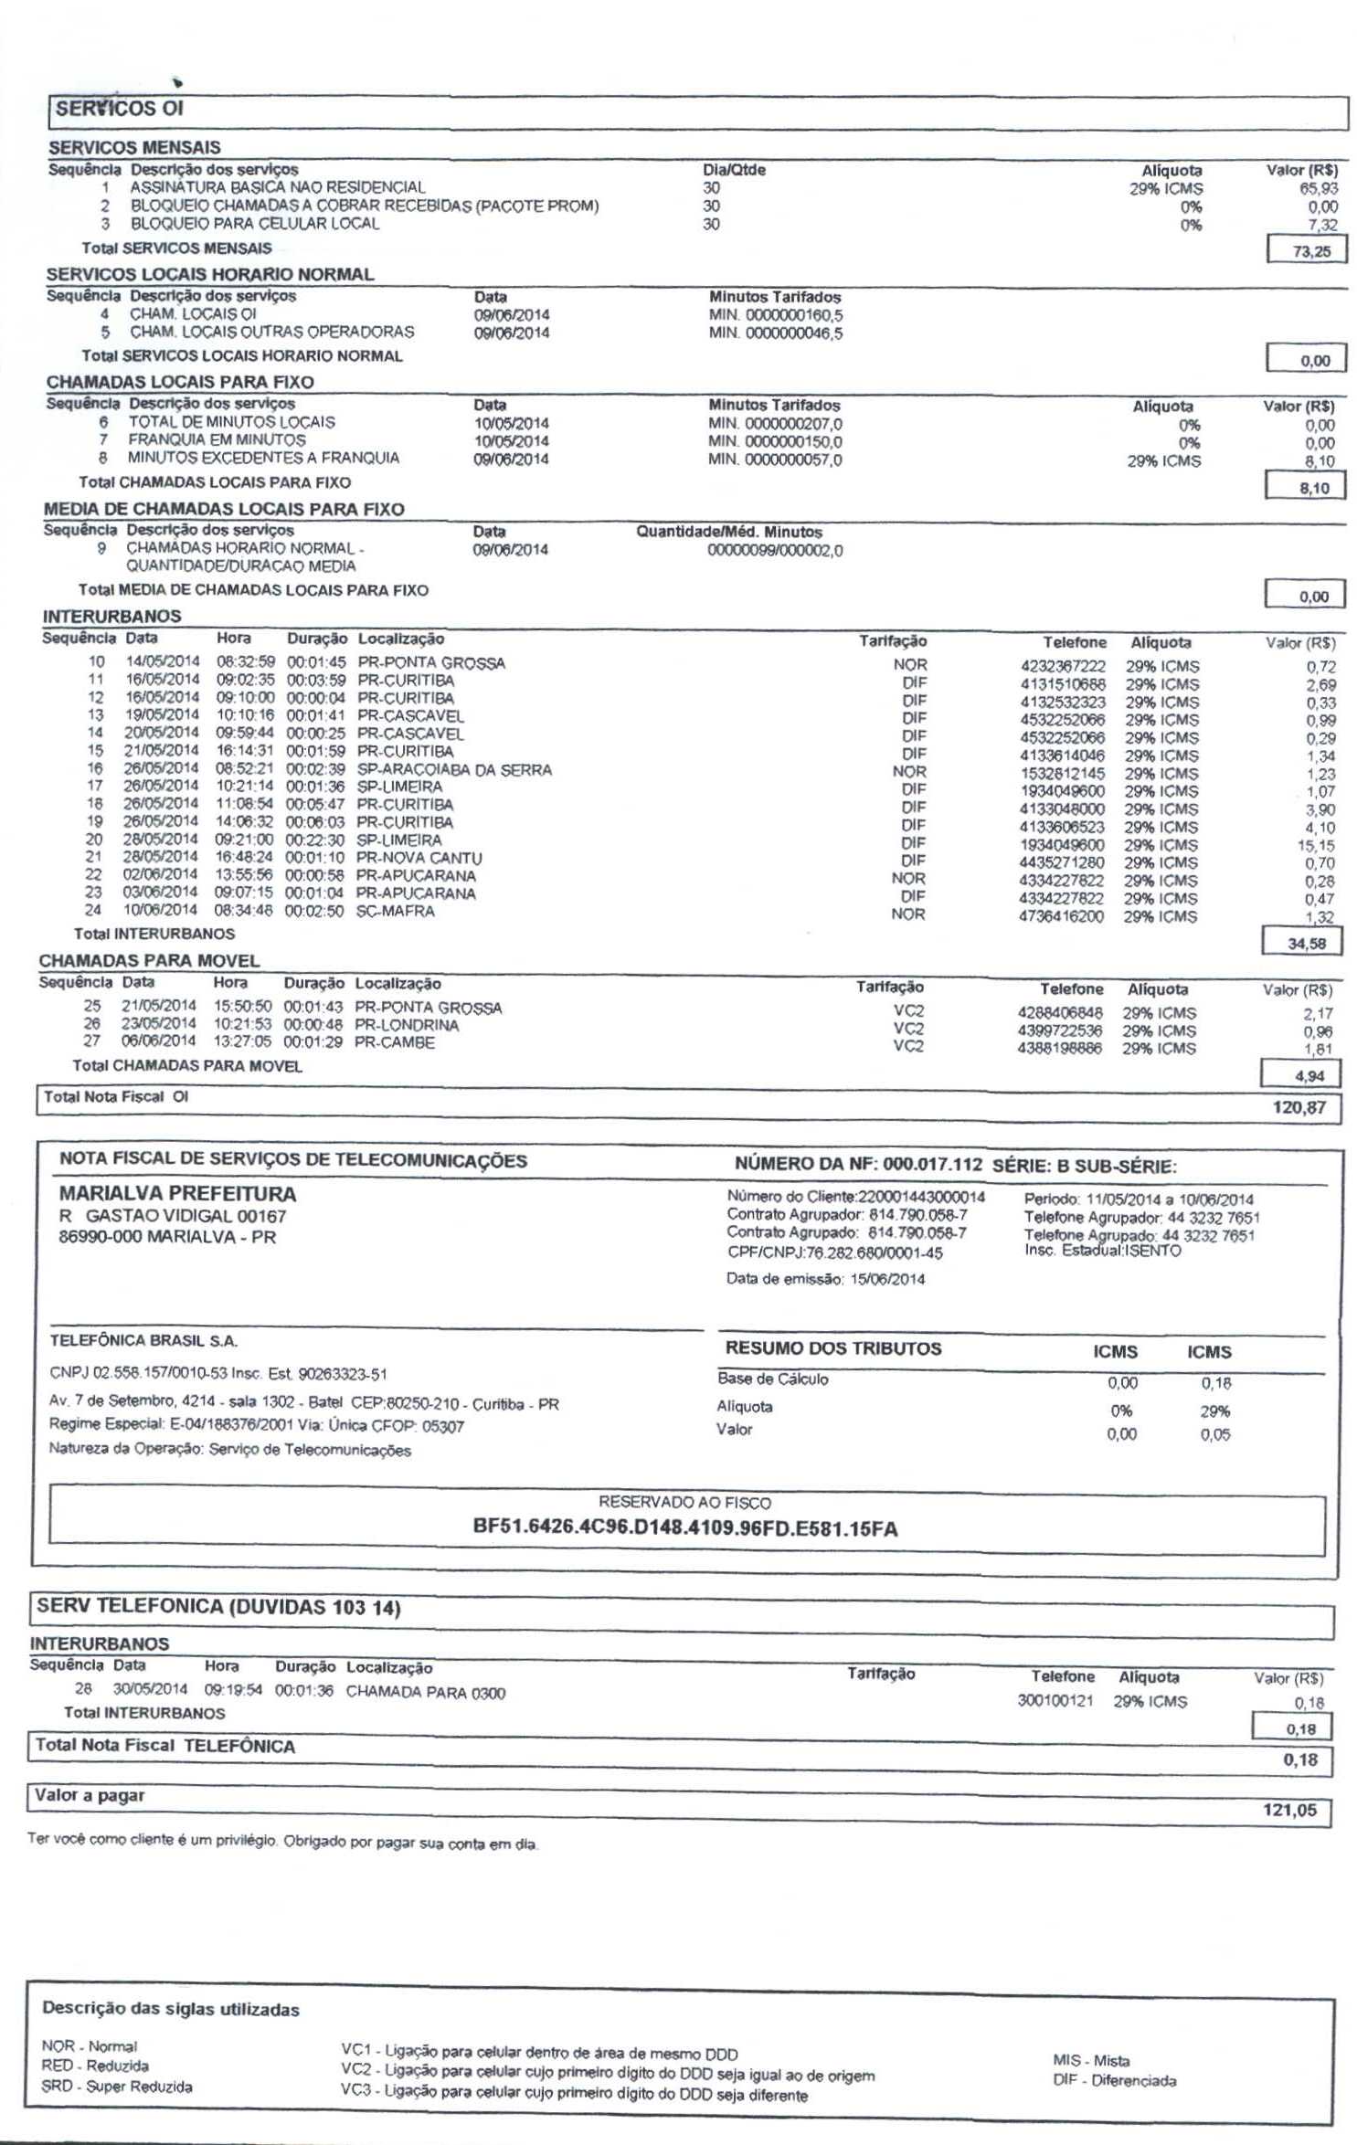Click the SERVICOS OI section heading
[120, 109]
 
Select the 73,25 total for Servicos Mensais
[1310, 251]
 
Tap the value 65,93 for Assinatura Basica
[1319, 188]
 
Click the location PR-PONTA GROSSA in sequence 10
[431, 663]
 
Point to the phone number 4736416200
[1061, 916]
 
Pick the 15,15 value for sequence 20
[1316, 846]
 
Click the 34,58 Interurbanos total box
[1306, 944]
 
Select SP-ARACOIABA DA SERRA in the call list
[454, 770]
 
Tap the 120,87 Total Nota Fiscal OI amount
[1299, 1108]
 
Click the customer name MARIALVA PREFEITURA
[177, 1194]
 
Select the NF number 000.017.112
[932, 1165]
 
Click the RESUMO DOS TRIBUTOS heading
[832, 1348]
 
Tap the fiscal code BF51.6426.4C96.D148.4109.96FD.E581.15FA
[685, 1528]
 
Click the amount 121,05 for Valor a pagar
[1289, 1810]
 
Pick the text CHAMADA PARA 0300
[425, 1693]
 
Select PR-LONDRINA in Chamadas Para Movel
[407, 1025]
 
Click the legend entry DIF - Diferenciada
[1114, 2081]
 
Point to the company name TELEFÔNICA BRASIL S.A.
[143, 1341]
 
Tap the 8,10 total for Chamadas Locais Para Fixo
[1313, 489]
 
